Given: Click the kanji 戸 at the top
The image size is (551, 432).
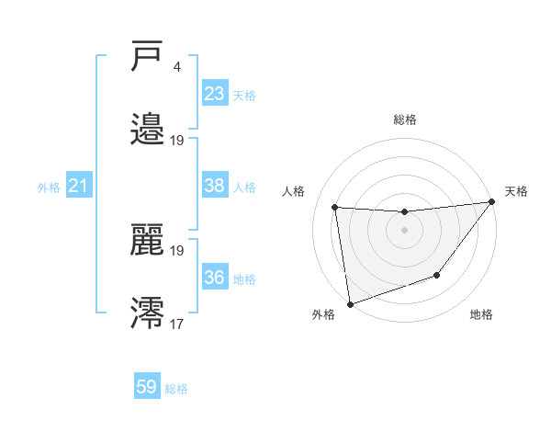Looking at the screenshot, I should click(x=148, y=57).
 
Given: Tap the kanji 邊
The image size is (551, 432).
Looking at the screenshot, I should click(x=148, y=128).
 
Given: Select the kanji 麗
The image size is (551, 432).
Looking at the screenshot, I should click(x=148, y=240).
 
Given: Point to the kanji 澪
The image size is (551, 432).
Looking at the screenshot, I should click(x=148, y=312).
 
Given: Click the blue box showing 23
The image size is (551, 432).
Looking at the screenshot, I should click(x=215, y=94).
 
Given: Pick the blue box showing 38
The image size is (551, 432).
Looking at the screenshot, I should click(x=215, y=186).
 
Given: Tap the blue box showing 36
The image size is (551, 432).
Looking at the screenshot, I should click(x=215, y=278).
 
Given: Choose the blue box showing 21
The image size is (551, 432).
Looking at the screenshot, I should click(x=79, y=187).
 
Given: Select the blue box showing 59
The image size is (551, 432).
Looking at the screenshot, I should click(x=147, y=387).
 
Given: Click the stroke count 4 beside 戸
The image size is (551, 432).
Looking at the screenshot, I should click(x=176, y=67).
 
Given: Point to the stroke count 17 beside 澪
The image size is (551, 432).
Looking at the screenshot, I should click(x=176, y=323).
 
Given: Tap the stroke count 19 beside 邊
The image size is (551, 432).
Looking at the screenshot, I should click(x=177, y=140).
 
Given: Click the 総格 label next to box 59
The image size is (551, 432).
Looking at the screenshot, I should click(x=176, y=389).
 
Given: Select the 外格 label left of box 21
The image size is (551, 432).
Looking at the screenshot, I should click(x=49, y=188).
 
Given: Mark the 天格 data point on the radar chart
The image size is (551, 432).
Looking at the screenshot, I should click(x=492, y=202).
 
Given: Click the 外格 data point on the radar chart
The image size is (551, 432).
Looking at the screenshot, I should click(x=350, y=303).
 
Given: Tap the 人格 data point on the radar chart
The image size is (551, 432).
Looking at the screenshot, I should click(x=335, y=207).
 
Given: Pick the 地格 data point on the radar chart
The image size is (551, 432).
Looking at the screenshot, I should click(x=438, y=275).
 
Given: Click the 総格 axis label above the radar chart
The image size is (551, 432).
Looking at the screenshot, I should click(x=404, y=119).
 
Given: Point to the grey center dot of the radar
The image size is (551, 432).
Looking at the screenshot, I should click(x=404, y=230).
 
